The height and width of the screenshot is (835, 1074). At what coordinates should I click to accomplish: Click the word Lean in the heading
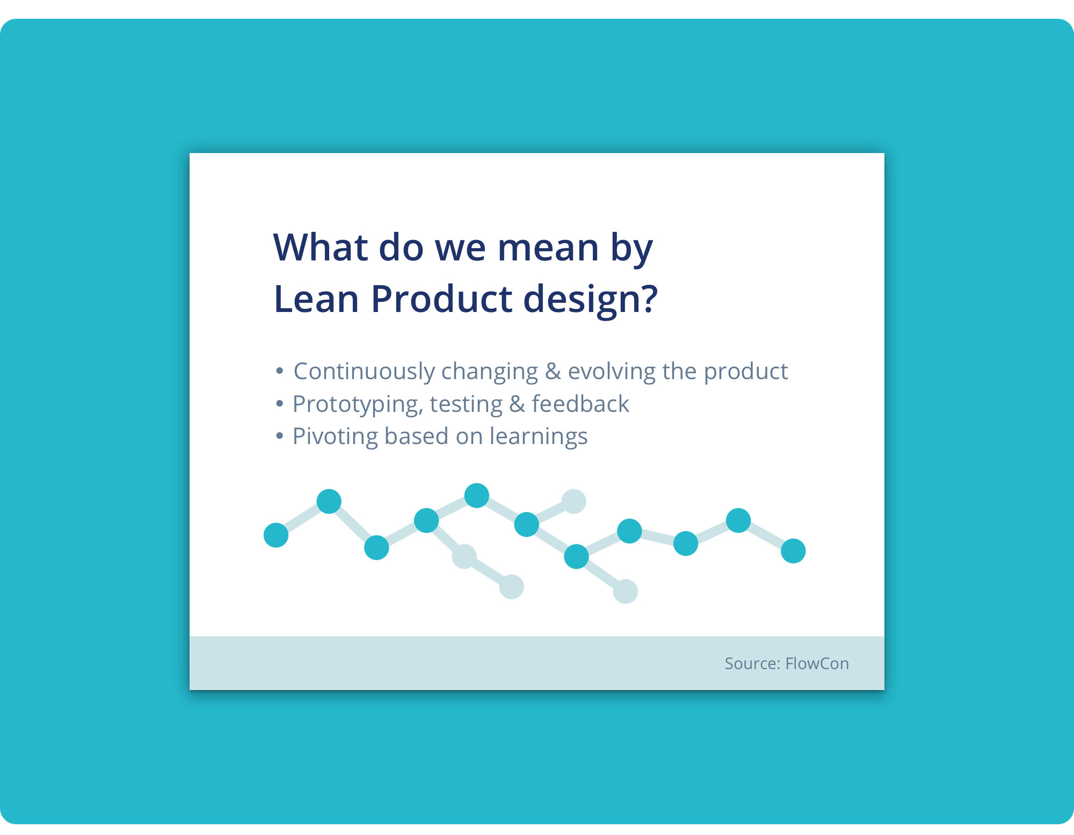[316, 299]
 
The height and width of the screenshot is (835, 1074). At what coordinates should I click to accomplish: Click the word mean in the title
[548, 248]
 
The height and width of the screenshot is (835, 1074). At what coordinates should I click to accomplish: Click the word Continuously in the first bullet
[364, 372]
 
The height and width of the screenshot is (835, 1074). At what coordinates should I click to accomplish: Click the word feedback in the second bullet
[580, 404]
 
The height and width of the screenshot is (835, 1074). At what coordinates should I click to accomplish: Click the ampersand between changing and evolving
[553, 372]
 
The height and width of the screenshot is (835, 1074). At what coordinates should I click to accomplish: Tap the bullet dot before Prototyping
[279, 403]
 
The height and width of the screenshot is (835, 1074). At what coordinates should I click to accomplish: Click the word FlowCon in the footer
[817, 664]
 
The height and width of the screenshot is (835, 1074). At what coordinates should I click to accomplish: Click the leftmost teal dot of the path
[276, 535]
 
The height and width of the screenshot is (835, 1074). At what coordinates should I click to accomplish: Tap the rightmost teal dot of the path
[793, 551]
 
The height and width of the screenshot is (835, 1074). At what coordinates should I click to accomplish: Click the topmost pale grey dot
[574, 502]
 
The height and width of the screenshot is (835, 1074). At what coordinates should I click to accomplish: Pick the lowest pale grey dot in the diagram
[625, 592]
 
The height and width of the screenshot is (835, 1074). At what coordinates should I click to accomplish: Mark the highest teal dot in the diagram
[476, 495]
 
